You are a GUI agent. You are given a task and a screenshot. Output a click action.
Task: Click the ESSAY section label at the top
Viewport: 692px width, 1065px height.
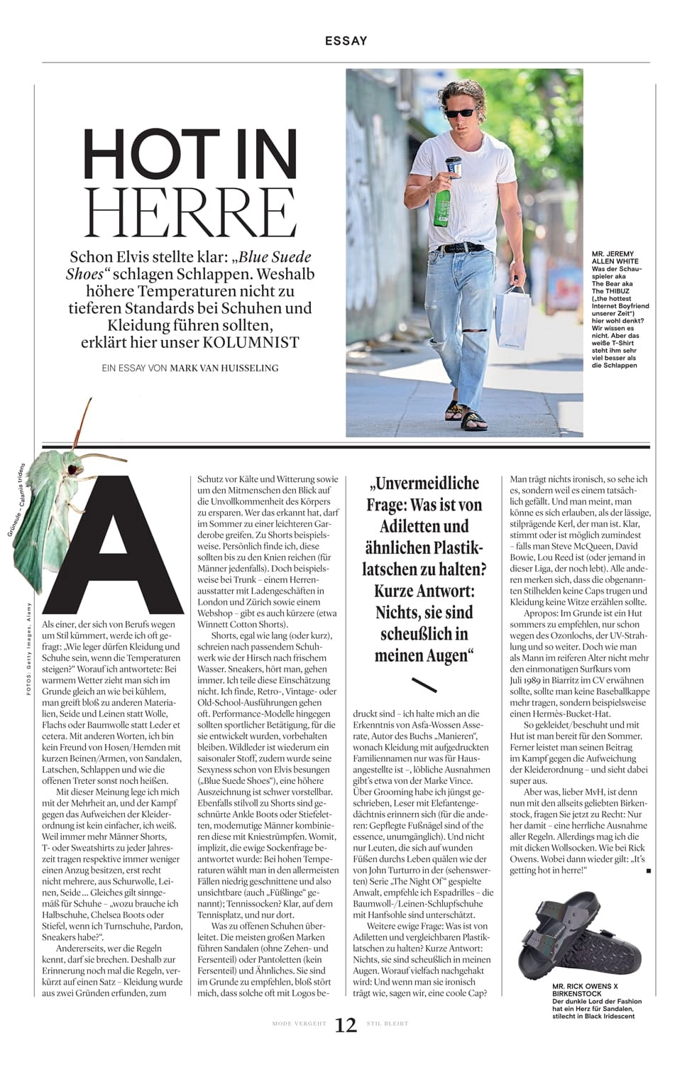pos(346,40)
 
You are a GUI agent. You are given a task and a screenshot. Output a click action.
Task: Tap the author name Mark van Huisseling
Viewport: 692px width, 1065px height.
pos(224,368)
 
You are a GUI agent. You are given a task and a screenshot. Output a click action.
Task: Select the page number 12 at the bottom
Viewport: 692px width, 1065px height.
pos(346,1025)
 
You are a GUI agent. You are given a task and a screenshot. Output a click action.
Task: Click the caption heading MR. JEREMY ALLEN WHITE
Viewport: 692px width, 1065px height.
pos(615,258)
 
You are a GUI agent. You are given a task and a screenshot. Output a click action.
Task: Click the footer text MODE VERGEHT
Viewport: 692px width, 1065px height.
pos(299,1024)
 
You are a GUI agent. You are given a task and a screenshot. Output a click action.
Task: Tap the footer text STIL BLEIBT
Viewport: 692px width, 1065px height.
pos(388,1024)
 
